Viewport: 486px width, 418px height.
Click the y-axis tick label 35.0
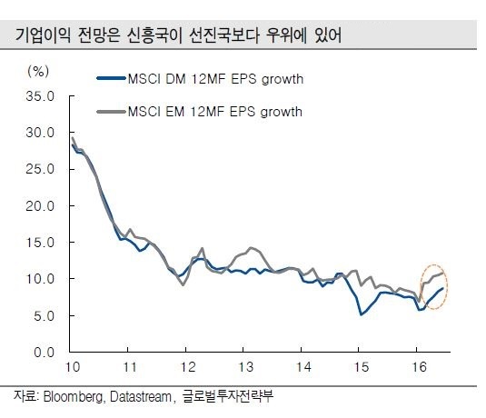[40, 96]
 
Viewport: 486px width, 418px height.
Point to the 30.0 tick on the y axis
[40, 133]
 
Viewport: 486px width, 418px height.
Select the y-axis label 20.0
[40, 206]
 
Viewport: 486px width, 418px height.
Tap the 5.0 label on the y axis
[44, 316]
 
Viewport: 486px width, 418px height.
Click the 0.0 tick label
[44, 353]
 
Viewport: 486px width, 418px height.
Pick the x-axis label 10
[73, 367]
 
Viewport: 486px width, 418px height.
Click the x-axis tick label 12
[188, 367]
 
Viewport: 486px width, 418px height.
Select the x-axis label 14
[303, 367]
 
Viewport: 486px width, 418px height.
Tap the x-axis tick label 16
[419, 367]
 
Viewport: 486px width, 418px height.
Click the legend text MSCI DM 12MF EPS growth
[215, 79]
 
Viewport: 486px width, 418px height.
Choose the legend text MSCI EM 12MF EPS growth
[214, 112]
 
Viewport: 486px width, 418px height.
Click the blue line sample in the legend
[112, 78]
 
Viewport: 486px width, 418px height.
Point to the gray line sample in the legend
[112, 112]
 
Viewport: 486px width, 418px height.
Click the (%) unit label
[38, 72]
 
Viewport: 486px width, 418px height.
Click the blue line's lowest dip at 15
[361, 314]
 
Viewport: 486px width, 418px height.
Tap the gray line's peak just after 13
[251, 248]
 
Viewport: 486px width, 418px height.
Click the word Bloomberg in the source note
[74, 397]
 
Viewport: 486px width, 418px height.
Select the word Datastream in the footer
[141, 396]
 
